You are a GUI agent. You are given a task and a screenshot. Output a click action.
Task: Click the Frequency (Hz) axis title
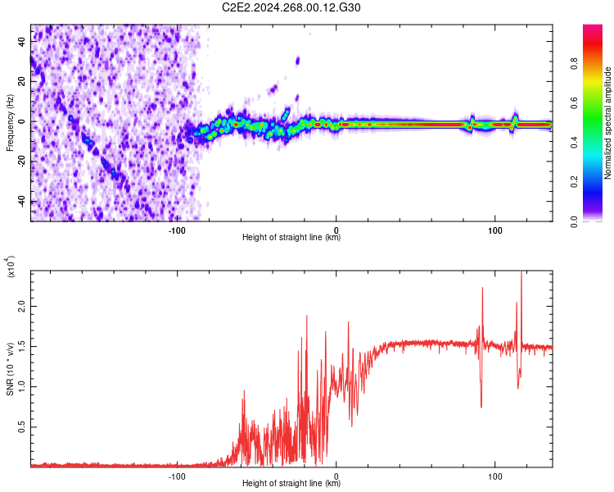pyautogui.click(x=10, y=122)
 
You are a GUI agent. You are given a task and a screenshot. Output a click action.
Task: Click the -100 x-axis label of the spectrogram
pyautogui.click(x=178, y=229)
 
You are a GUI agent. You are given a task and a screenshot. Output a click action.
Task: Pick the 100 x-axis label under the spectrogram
pyautogui.click(x=494, y=229)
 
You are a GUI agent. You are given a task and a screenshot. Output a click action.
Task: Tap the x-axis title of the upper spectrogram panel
pyautogui.click(x=291, y=238)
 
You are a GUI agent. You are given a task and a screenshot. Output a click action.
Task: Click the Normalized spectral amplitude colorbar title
pyautogui.click(x=608, y=122)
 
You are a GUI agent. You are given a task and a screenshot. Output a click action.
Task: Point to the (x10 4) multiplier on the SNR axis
pyautogui.click(x=11, y=266)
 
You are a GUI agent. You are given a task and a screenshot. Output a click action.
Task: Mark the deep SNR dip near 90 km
pyautogui.click(x=481, y=405)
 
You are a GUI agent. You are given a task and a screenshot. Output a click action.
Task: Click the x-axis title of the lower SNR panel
pyautogui.click(x=291, y=483)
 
